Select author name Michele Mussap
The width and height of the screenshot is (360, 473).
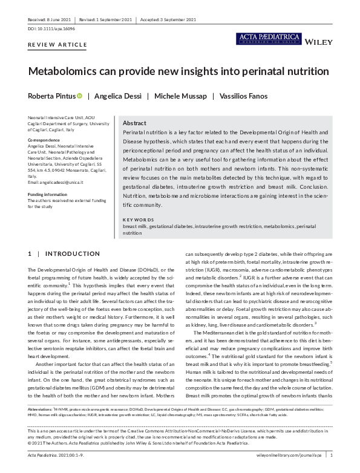(181, 96)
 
